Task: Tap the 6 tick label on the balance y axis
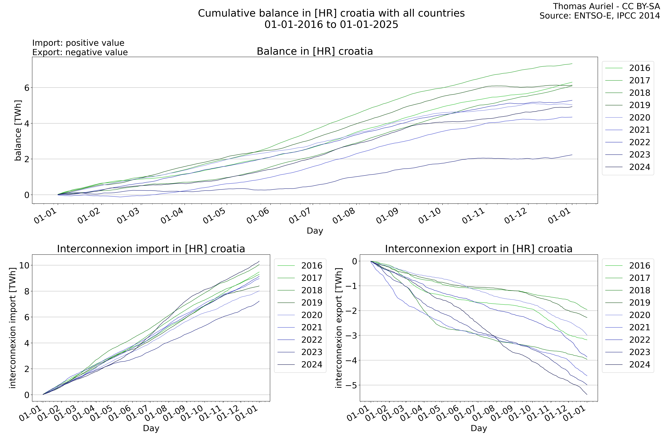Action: tap(27, 88)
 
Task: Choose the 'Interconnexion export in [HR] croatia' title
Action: tap(479, 249)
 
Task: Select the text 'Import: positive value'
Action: tap(78, 43)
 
